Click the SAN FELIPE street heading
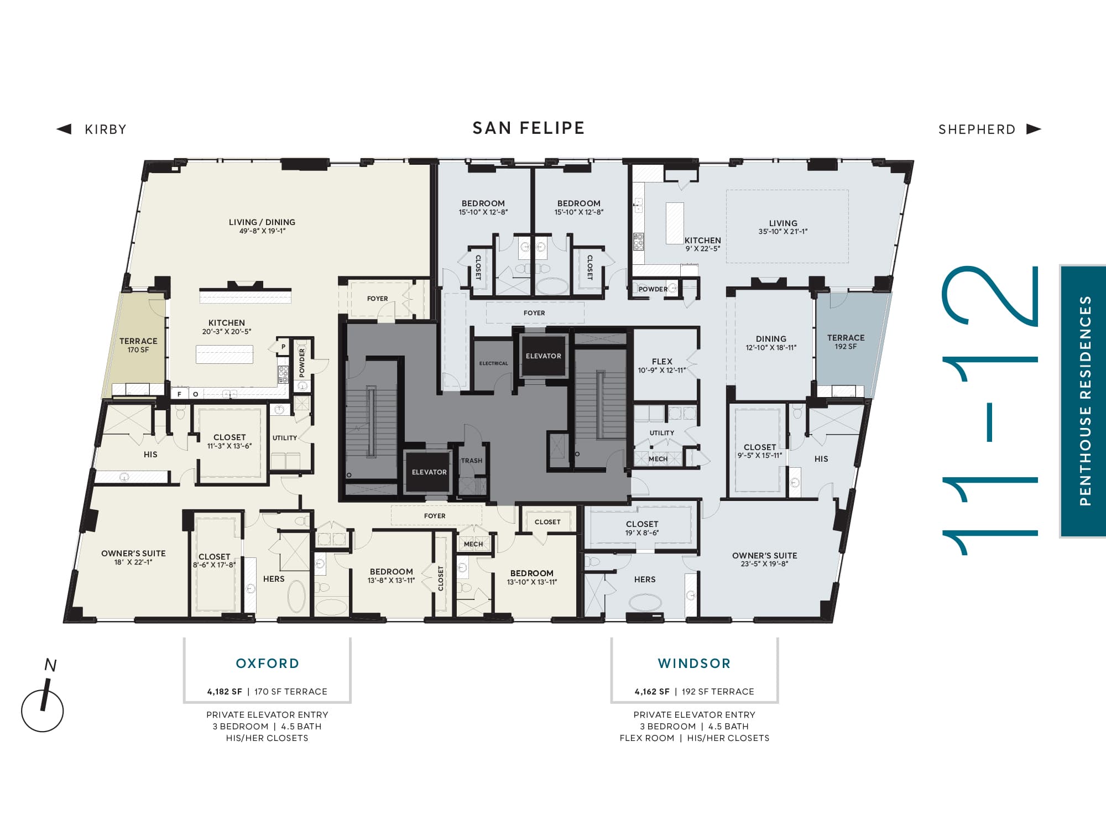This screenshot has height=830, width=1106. tap(528, 128)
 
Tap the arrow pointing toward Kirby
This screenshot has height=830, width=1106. tap(64, 129)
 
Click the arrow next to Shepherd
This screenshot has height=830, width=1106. tap(1034, 129)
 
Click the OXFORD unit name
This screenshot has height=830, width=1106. tap(268, 663)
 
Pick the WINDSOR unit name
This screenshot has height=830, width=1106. tap(694, 663)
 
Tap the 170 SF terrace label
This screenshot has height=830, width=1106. tap(138, 345)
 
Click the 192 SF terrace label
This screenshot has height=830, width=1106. tap(846, 342)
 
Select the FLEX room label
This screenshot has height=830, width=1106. tap(662, 362)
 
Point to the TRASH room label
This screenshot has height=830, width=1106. tap(472, 461)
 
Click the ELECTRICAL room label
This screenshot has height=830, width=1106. tap(493, 363)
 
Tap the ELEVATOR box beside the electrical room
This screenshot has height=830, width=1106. tap(544, 356)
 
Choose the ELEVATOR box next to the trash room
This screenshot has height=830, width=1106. tap(429, 472)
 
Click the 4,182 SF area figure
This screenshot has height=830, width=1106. tap(225, 692)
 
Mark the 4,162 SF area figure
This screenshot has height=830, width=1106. tap(652, 692)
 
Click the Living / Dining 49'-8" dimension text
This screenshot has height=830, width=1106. tap(262, 231)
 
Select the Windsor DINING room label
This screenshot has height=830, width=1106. tap(771, 339)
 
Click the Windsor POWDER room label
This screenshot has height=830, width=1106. tap(653, 289)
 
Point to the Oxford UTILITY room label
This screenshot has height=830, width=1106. tap(284, 438)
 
